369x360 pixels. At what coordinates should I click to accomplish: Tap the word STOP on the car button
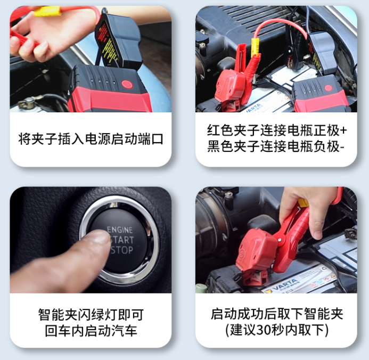click(123, 250)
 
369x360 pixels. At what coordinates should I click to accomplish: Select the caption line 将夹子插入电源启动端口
click(91, 140)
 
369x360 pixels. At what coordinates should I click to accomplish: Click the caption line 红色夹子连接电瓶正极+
click(276, 130)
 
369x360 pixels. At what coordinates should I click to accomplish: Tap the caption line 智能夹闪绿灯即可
click(91, 314)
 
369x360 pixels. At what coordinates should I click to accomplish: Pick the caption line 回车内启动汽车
click(91, 331)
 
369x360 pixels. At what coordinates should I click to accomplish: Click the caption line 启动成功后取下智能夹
click(276, 314)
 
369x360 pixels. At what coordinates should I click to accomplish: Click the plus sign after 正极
click(343, 130)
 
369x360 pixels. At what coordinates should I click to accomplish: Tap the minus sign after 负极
click(341, 148)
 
